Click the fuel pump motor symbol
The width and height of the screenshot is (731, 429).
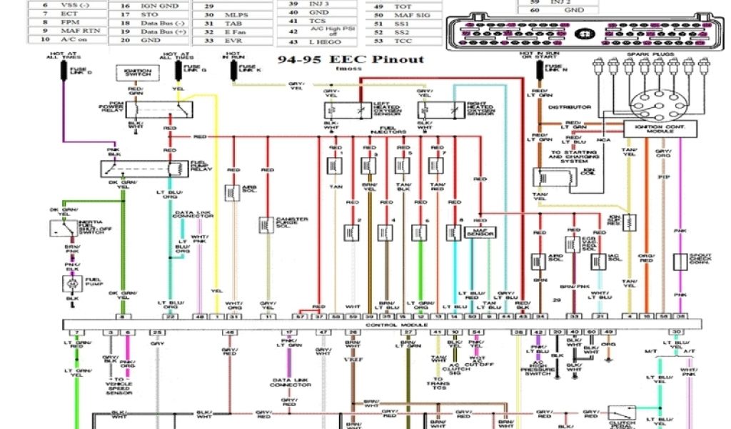point(71,284)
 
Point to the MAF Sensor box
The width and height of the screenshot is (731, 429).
point(480,233)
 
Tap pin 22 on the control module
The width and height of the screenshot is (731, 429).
point(170,316)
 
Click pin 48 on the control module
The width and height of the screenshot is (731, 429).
point(200,316)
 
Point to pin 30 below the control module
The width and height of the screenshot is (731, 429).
point(676,332)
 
